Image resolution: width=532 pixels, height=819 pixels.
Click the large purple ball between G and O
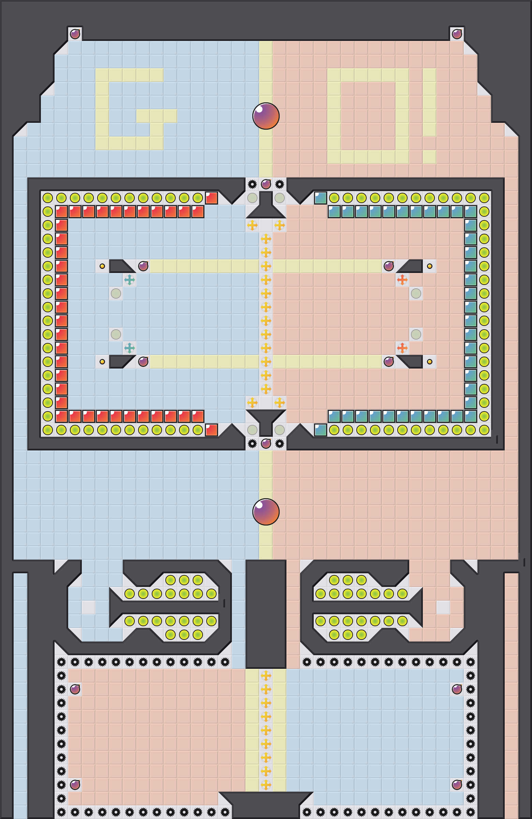tap(266, 116)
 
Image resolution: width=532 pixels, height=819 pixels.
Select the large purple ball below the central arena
tap(266, 512)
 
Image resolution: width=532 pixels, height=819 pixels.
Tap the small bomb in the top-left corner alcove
tap(75, 34)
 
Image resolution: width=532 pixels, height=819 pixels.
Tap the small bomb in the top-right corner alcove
tap(457, 34)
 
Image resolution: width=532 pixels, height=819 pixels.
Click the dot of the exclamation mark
tap(429, 157)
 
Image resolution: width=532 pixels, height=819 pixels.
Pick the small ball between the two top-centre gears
tap(266, 184)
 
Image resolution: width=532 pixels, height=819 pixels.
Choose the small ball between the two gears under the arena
tap(266, 444)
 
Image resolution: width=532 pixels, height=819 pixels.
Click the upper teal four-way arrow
tap(129, 280)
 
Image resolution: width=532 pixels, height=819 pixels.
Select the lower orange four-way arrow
tap(402, 348)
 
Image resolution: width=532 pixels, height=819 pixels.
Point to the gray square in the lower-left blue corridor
tap(88, 607)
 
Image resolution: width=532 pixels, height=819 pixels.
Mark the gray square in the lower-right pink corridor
tap(443, 607)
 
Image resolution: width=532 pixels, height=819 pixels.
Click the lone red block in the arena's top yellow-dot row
tap(211, 198)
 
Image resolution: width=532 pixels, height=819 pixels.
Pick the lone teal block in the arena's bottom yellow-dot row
tap(320, 430)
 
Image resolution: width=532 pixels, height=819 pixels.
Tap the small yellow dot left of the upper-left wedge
tap(102, 266)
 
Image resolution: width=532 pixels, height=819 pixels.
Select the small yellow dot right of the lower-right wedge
tap(429, 362)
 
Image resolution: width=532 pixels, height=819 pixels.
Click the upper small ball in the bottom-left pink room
tap(75, 689)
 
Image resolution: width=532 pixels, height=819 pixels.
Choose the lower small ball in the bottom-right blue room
tap(457, 785)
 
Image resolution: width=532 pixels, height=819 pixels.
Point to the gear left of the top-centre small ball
tap(252, 184)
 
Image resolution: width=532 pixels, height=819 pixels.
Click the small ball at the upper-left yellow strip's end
tap(143, 266)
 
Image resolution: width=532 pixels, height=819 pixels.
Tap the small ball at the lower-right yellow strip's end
tap(388, 362)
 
